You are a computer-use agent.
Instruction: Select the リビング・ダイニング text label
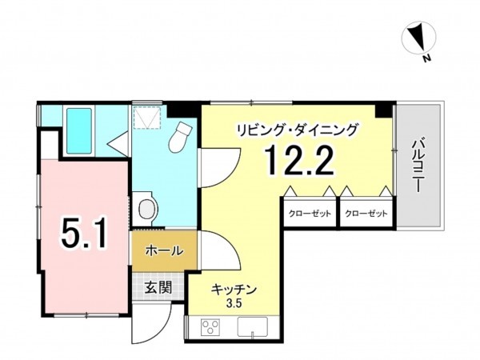coord(297,129)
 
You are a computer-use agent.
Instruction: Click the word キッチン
coord(234,289)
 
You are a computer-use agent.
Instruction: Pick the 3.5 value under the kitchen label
coord(234,303)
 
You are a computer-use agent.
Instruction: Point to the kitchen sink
coord(255,328)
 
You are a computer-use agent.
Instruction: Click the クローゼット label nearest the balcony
coord(367,214)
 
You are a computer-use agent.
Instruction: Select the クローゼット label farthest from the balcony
coord(310,214)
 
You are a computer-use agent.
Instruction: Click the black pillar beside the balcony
coord(386,110)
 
